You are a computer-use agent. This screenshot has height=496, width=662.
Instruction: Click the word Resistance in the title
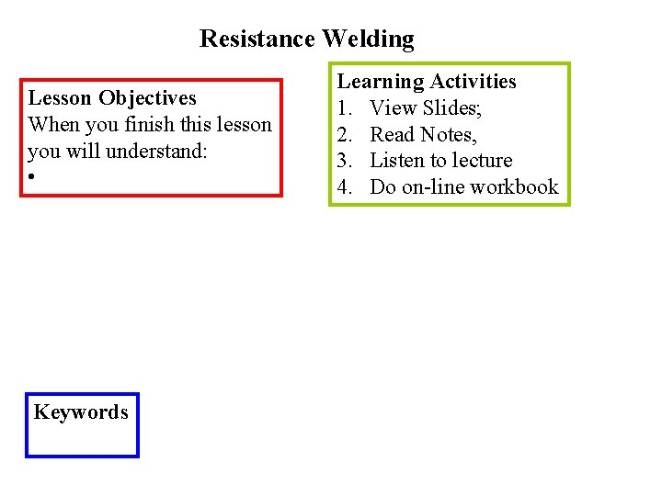257,39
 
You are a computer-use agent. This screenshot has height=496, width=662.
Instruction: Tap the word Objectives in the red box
148,98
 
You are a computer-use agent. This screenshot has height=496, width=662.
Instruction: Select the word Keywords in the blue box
81,412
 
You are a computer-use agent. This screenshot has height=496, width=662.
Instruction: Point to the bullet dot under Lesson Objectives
31,176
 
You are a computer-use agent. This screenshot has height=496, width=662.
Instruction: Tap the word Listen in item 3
396,161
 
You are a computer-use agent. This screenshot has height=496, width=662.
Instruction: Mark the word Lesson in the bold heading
61,98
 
